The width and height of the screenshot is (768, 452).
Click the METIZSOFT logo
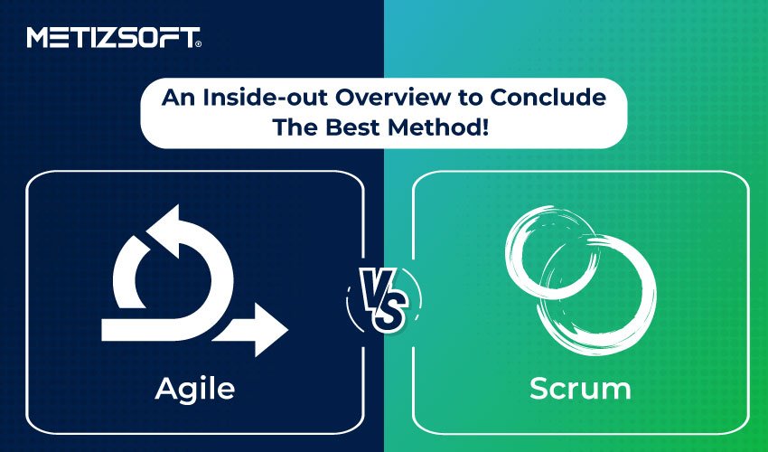tap(114, 38)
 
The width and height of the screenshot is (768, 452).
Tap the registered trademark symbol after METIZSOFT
tap(198, 44)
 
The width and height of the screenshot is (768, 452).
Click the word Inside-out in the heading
tap(267, 97)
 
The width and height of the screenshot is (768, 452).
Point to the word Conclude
tap(548, 97)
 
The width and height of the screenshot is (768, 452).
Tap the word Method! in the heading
tap(438, 127)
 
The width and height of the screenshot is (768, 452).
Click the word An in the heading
tap(179, 97)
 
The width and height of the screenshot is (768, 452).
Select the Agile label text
tap(195, 390)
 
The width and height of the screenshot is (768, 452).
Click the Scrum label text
tap(580, 389)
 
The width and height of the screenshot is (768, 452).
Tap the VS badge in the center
tap(383, 300)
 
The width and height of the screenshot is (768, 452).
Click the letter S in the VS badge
tap(389, 311)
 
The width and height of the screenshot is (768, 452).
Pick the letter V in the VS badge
tap(374, 288)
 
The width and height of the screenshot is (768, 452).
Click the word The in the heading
tap(295, 127)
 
